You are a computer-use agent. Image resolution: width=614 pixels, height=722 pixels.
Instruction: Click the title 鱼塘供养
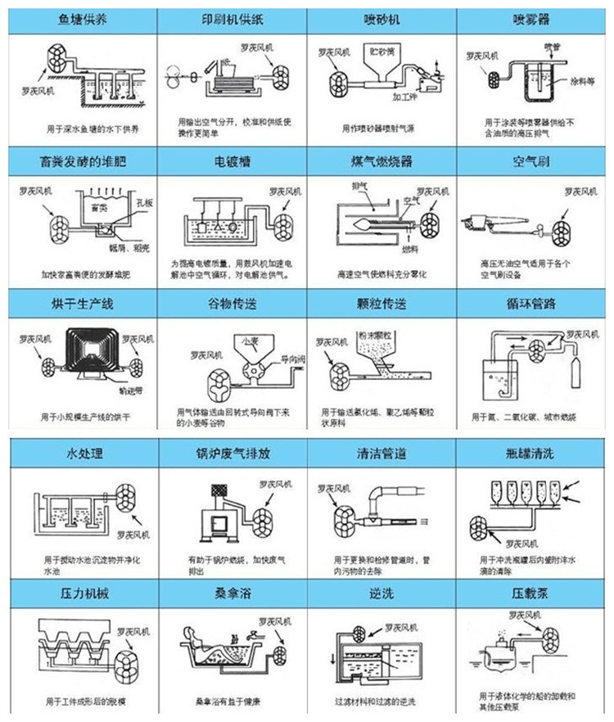click(79, 19)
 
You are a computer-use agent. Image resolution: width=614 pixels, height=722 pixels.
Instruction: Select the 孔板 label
click(126, 199)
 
